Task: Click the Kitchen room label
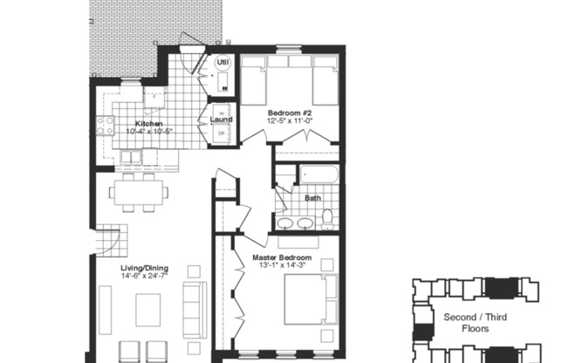click(148, 124)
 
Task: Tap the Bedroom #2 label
click(291, 113)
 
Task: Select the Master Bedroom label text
click(282, 258)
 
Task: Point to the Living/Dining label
click(145, 268)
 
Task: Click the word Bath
click(312, 198)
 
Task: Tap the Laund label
click(221, 120)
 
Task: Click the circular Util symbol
click(222, 63)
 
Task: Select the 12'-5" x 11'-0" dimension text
click(291, 121)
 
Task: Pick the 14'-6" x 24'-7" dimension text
click(145, 277)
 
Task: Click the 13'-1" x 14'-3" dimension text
click(282, 266)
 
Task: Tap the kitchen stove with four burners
click(106, 126)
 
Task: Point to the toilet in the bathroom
click(327, 216)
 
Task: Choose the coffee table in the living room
click(147, 308)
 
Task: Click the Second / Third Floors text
click(472, 323)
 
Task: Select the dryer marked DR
click(221, 133)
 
